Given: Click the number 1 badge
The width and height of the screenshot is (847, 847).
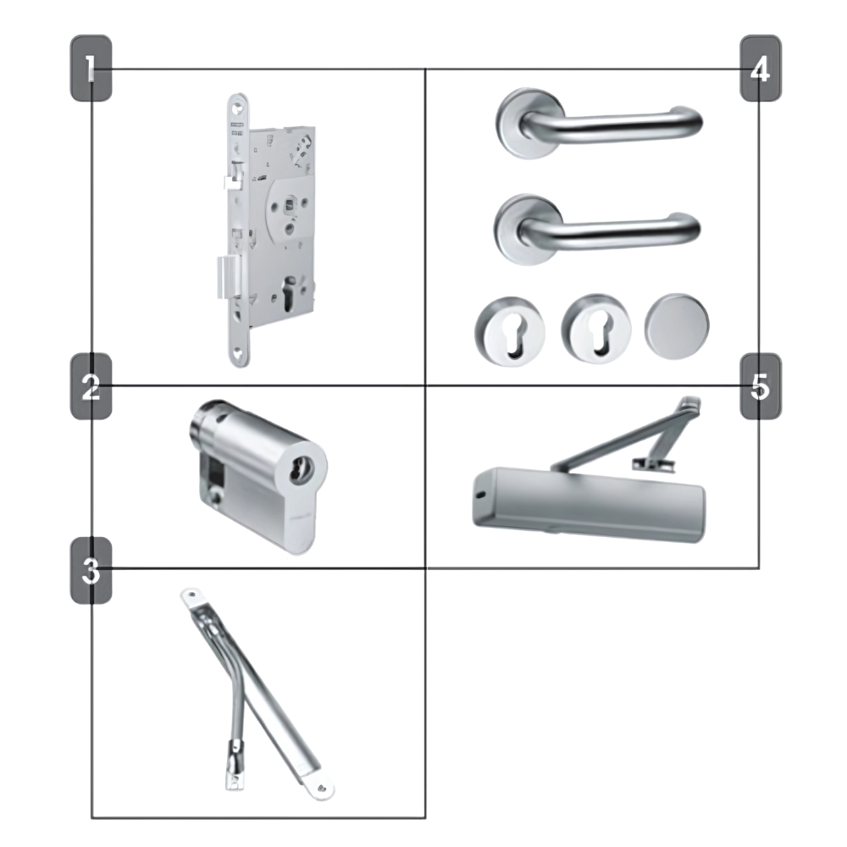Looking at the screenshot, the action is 91,68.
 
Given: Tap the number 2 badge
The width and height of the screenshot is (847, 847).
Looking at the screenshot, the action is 91,386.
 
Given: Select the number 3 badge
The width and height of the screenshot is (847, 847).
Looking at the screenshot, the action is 91,570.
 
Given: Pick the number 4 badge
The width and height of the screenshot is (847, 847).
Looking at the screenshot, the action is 760,68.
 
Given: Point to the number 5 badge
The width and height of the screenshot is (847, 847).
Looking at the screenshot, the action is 760,386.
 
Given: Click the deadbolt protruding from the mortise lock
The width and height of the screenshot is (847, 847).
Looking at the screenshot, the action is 226,278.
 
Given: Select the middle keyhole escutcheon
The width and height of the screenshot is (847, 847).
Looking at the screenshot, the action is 596,329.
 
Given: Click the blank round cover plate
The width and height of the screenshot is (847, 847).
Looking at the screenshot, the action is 677,326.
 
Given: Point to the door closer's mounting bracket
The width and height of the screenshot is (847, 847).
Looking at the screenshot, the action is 652,463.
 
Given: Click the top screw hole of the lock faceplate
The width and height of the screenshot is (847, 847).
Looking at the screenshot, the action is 235,108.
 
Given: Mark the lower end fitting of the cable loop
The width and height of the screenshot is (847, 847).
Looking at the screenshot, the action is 235,767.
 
